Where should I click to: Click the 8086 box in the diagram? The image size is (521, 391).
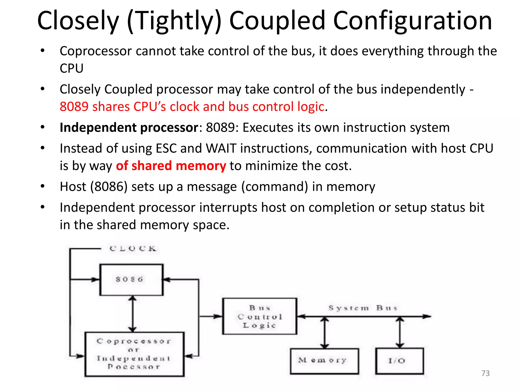click(x=131, y=280)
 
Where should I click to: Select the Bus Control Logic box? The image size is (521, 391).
click(x=259, y=316)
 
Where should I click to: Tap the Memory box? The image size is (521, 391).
click(x=324, y=361)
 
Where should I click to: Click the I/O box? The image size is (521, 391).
click(x=399, y=361)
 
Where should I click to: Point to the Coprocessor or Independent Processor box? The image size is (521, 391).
click(x=134, y=354)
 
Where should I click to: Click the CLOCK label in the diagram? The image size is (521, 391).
click(x=133, y=249)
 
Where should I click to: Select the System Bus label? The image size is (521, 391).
click(x=363, y=308)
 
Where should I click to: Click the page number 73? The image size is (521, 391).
click(x=485, y=373)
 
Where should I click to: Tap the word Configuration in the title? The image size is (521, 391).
click(x=412, y=21)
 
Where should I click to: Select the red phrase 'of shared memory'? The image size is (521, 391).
click(x=171, y=166)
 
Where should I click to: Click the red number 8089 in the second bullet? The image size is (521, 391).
click(x=74, y=106)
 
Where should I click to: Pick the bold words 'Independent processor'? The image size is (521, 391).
click(x=129, y=127)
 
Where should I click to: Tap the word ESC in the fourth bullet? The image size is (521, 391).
click(x=166, y=148)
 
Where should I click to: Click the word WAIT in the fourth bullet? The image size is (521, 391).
click(x=221, y=148)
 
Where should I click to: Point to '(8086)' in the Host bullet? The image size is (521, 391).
click(x=109, y=187)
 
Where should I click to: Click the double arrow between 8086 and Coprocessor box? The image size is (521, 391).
click(x=132, y=314)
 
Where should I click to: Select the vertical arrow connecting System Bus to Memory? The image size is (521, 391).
click(x=325, y=333)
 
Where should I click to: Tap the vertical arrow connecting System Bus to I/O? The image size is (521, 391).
click(x=400, y=333)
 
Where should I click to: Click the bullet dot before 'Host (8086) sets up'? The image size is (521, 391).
click(x=42, y=186)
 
